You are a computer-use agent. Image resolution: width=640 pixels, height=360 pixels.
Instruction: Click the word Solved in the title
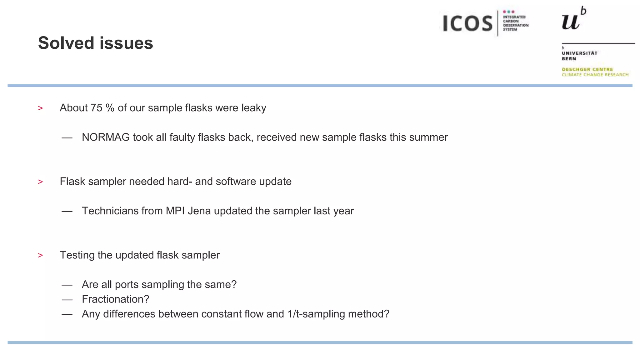click(x=66, y=43)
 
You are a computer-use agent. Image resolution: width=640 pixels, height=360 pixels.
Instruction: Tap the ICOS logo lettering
click(x=467, y=23)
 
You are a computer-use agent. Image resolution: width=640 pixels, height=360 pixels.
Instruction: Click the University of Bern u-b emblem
click(x=574, y=19)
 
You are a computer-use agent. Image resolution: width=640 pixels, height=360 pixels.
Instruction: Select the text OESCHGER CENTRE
click(x=587, y=69)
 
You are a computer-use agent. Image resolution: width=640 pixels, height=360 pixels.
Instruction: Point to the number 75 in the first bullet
click(x=97, y=108)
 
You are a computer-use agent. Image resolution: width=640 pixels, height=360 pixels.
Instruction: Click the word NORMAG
click(x=106, y=137)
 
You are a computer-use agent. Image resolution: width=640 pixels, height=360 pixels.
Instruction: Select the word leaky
click(x=254, y=108)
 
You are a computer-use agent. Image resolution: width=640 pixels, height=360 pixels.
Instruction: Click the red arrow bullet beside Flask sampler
click(x=40, y=182)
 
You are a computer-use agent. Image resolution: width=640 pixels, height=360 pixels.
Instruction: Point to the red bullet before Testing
click(x=40, y=256)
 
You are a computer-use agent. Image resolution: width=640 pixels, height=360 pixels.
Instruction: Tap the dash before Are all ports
click(x=67, y=285)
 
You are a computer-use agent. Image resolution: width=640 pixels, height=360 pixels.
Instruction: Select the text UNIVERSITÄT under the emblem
click(x=579, y=53)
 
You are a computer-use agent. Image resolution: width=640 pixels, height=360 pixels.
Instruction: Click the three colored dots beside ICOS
click(x=508, y=12)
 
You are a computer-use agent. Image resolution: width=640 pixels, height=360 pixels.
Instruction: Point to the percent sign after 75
click(x=110, y=108)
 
